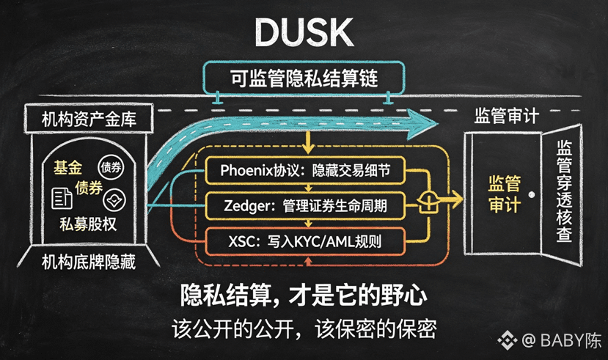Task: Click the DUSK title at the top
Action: (304, 32)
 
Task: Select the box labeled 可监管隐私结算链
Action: (304, 78)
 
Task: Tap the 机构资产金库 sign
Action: (89, 119)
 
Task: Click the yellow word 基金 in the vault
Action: (68, 168)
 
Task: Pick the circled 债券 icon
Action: (111, 167)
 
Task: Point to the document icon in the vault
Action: (62, 199)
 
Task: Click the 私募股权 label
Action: (88, 224)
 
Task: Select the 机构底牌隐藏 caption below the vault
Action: (89, 262)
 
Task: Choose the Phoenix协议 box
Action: (305, 171)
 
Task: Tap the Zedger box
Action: (305, 205)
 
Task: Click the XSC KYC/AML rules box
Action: (305, 241)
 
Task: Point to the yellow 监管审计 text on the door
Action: (504, 194)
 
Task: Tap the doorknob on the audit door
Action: (532, 194)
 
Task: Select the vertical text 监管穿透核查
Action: (564, 191)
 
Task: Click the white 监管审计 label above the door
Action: (506, 116)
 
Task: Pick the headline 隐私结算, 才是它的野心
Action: (304, 295)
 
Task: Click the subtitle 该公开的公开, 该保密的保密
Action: (304, 329)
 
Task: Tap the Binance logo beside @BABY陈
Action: (508, 340)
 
